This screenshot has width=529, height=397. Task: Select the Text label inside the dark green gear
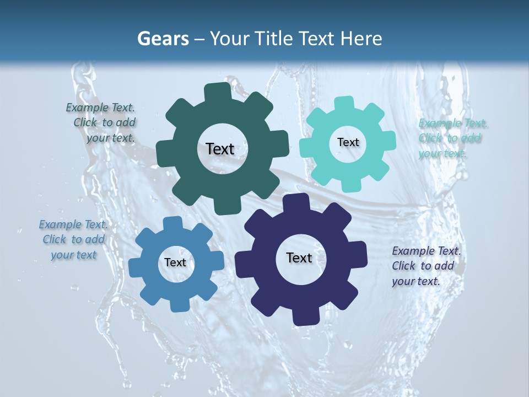coord(220,149)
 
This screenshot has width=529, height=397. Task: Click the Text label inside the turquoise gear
coord(348,142)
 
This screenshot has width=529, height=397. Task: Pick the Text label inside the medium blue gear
coord(175,262)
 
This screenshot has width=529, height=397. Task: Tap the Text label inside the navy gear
coord(299,257)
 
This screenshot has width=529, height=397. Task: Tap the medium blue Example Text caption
coord(73,239)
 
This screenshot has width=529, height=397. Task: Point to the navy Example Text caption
coord(425,266)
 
